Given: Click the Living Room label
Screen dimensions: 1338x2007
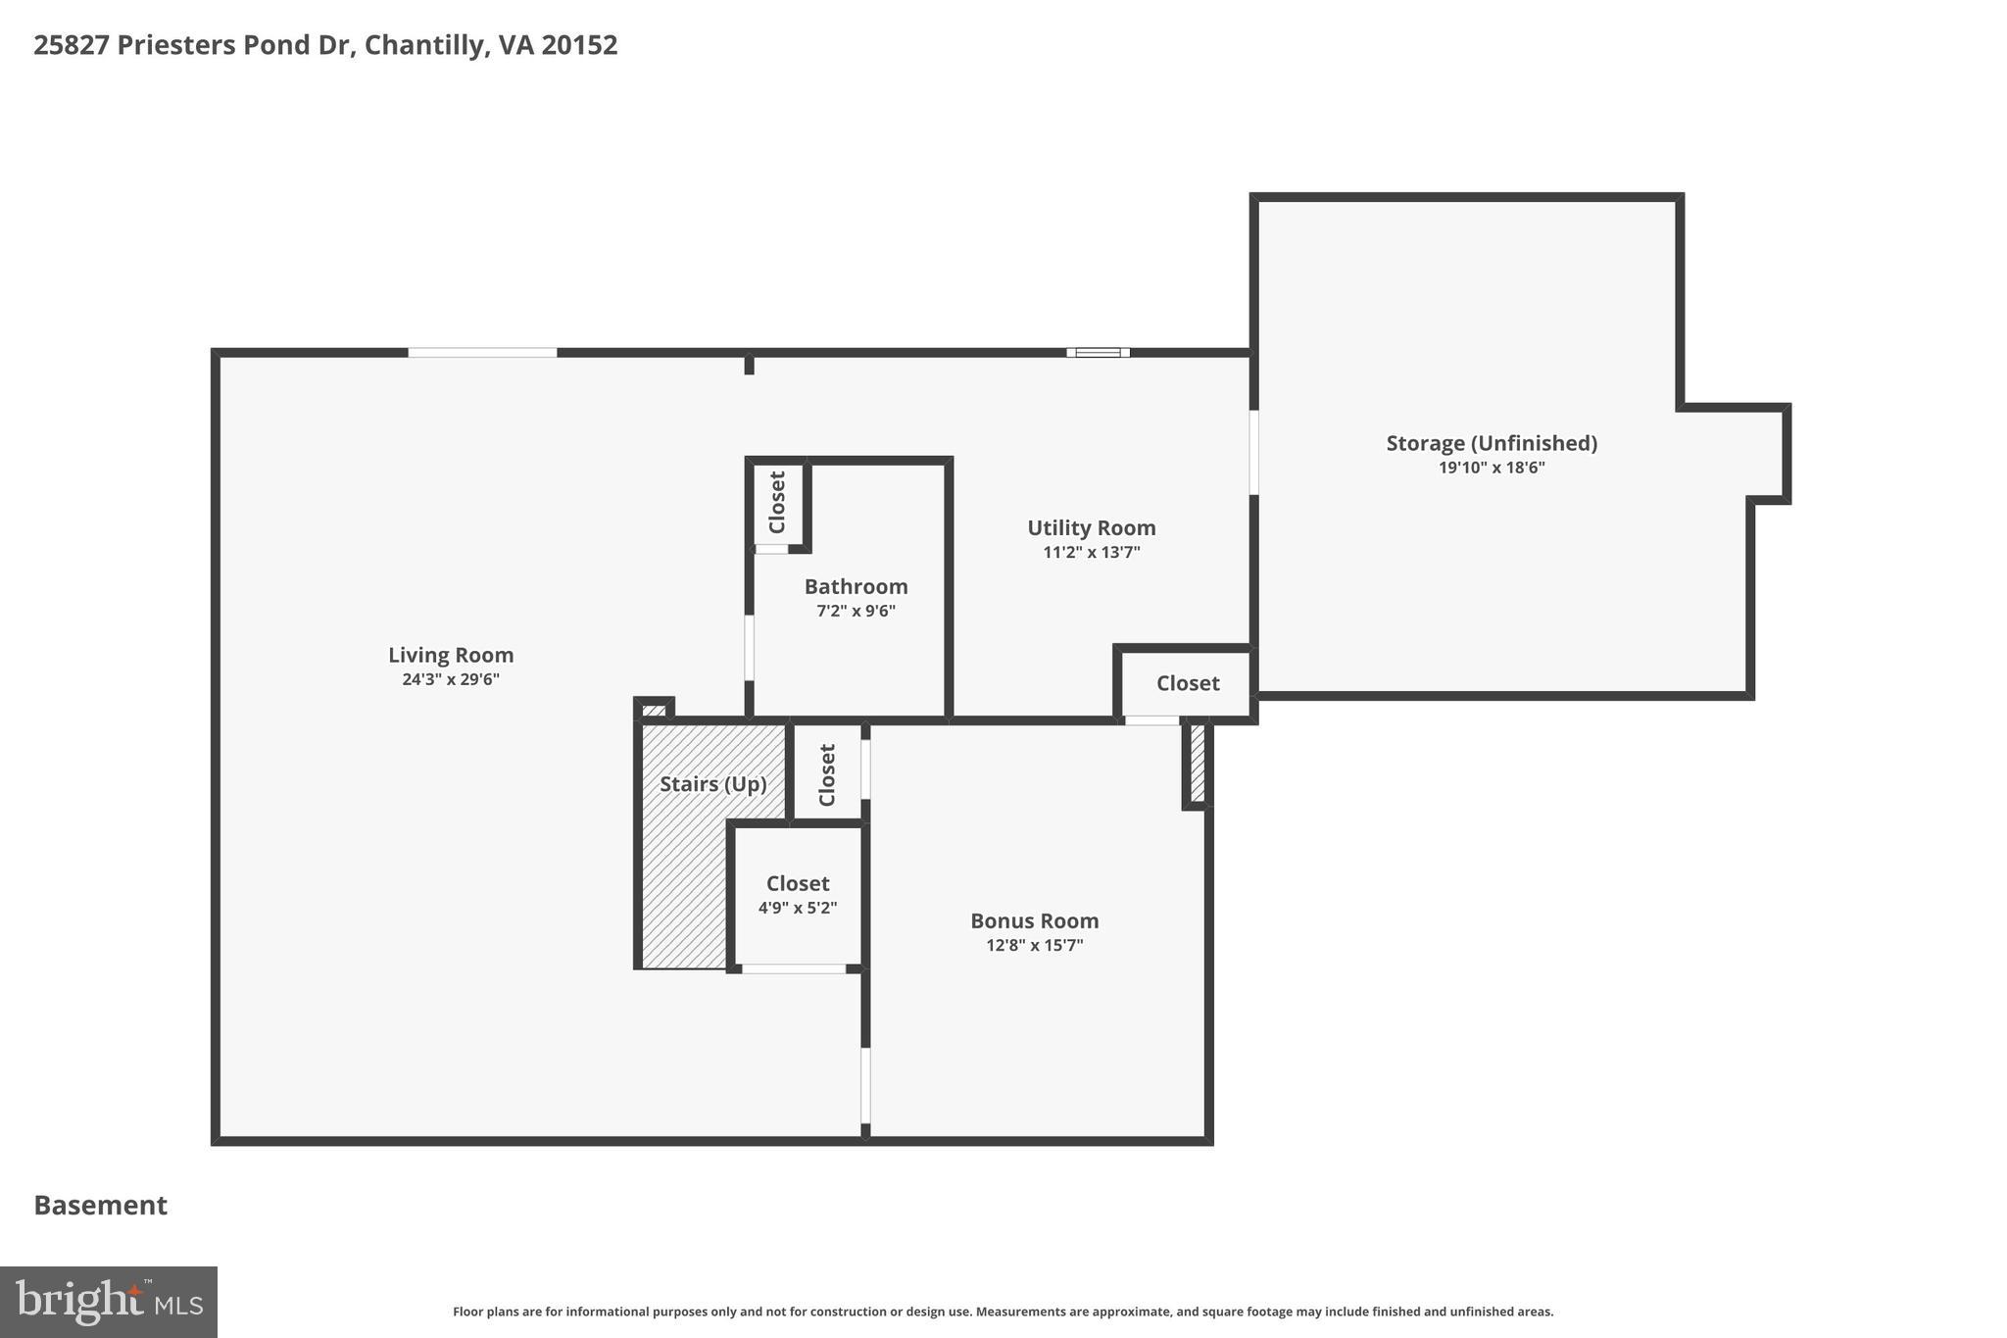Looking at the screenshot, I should click(451, 655).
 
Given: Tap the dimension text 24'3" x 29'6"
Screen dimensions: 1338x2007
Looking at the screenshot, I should click(451, 679).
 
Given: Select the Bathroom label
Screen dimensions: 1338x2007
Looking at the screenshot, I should click(856, 586).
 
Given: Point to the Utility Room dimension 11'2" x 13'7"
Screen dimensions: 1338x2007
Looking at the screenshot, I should click(1091, 553).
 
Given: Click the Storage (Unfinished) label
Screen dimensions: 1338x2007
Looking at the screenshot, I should click(1492, 443).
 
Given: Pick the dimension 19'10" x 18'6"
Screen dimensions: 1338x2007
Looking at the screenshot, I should click(1492, 468).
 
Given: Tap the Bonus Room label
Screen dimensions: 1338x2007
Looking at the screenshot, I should click(1034, 920).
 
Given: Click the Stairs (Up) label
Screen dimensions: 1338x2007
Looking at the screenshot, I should click(712, 784).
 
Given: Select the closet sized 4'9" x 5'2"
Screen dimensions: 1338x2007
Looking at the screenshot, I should click(797, 895).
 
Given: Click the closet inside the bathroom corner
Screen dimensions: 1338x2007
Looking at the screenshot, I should click(777, 503).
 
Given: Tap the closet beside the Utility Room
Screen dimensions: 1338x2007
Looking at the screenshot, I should click(1187, 683).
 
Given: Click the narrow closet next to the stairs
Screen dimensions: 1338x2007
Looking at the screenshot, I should click(827, 774).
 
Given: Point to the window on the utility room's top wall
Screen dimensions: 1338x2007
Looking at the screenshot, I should click(1098, 353).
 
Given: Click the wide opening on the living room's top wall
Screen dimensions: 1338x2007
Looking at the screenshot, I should click(482, 353).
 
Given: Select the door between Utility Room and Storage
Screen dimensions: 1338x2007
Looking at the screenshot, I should click(1253, 452).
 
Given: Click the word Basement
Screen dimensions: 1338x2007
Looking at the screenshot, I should click(101, 1205).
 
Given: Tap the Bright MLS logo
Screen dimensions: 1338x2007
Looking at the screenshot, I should click(108, 1302).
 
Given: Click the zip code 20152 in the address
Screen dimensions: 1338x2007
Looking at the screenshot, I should click(579, 45).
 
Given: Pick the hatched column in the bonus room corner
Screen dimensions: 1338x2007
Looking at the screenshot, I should click(1197, 764).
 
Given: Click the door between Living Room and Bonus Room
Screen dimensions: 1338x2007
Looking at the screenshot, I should click(865, 1085).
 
